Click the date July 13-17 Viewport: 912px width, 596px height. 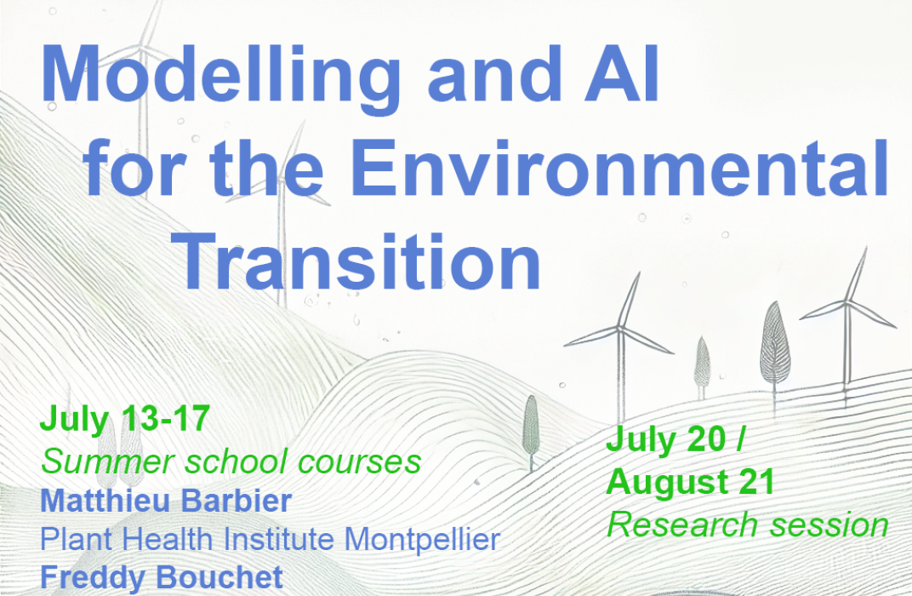coord(124,418)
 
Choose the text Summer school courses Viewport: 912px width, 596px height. coord(231,461)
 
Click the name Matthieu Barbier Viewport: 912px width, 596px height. coord(166,501)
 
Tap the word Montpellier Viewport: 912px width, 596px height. coord(422,540)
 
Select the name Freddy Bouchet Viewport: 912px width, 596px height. coord(161,577)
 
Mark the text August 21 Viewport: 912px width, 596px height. coord(691,482)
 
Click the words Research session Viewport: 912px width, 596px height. coord(748,524)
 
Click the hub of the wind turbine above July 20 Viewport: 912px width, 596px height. coord(620,330)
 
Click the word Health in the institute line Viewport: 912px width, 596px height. coord(168,539)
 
